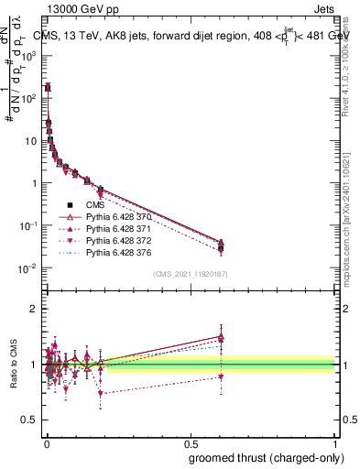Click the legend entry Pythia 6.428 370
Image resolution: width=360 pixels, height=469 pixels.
pos(115,215)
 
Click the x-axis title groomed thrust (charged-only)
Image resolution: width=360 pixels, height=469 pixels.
pos(263,456)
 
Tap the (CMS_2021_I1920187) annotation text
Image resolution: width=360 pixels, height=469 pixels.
pos(190,274)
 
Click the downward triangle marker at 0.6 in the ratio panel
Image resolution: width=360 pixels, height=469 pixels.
pos(221,377)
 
